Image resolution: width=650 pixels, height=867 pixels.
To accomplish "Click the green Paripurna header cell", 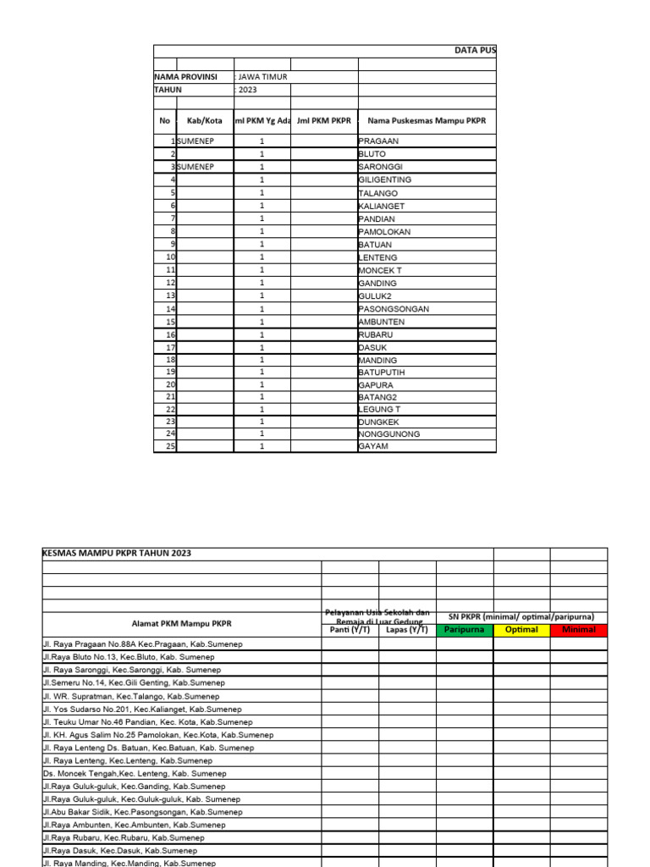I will [x=464, y=630].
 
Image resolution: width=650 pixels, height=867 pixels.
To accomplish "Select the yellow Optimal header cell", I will [x=521, y=630].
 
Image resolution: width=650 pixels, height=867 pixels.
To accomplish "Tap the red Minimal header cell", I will [x=578, y=630].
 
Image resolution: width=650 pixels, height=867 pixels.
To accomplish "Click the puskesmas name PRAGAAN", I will [x=378, y=141].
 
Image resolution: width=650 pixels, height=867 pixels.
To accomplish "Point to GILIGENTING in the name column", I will [x=385, y=180].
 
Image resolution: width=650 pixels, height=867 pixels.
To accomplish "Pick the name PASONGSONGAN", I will [x=394, y=309].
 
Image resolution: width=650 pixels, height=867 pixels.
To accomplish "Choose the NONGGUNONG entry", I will [x=389, y=434].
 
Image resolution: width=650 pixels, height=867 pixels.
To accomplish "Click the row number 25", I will [x=170, y=446].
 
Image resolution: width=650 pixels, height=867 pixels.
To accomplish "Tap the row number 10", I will [x=170, y=257].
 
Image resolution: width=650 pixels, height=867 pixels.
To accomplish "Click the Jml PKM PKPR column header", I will [x=323, y=121].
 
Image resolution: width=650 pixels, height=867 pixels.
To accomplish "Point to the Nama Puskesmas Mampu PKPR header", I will [x=427, y=121].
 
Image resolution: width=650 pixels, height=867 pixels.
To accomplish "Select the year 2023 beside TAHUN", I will [x=247, y=90].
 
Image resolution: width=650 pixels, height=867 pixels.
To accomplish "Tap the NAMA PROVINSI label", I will [x=185, y=77].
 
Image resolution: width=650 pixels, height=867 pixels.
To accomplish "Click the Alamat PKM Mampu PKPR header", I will [x=181, y=623].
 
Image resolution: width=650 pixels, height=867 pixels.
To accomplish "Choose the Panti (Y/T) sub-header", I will [x=350, y=630].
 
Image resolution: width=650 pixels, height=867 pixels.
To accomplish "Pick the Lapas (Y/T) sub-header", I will [x=407, y=630].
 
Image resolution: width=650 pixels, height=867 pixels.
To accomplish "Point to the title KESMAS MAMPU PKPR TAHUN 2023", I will [x=117, y=554].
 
